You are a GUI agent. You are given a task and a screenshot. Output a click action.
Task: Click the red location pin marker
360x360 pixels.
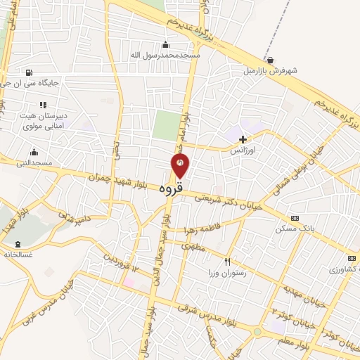[x=180, y=166]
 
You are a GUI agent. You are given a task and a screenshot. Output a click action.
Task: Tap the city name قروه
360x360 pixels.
[x=171, y=188]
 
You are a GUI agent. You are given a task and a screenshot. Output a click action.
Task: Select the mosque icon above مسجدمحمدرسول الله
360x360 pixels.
[x=166, y=44]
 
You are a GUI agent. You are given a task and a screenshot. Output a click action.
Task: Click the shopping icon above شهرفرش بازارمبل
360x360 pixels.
[x=271, y=60]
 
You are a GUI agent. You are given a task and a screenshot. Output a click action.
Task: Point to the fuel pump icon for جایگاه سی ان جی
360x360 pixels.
[x=28, y=72]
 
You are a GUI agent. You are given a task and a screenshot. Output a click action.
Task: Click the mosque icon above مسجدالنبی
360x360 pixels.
[x=34, y=152]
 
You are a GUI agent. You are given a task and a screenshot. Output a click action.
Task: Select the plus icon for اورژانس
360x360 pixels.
[x=243, y=140]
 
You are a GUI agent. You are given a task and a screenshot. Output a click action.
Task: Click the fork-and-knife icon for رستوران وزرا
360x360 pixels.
[x=226, y=262]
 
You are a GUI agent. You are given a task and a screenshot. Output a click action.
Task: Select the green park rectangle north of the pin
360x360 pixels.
[x=167, y=126]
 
